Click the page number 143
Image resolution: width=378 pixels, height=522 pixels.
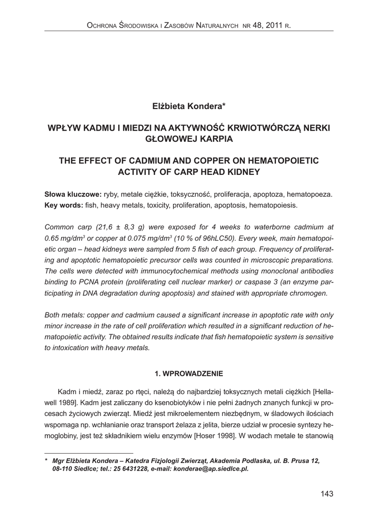[326, 493]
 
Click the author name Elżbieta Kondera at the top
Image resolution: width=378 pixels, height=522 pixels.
[188, 106]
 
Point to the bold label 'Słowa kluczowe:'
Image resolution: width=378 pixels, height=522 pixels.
[73, 195]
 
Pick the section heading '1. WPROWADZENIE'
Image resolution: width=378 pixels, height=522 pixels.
[189, 374]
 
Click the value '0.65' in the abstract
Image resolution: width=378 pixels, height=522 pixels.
[53, 238]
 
